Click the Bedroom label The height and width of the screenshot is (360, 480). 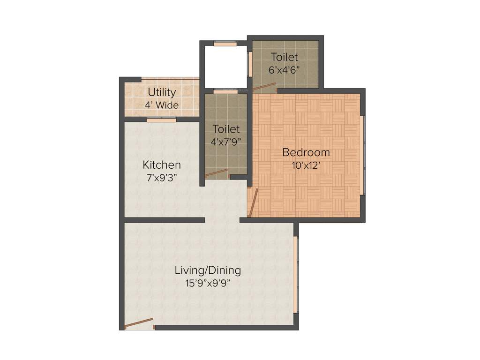(306, 152)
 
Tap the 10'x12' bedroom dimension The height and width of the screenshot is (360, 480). (306, 165)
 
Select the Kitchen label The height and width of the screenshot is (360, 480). (162, 165)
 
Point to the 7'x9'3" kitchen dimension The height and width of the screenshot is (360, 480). (162, 178)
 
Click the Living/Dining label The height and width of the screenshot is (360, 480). (208, 270)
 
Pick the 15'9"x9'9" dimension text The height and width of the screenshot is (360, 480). (208, 283)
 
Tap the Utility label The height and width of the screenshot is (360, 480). (162, 92)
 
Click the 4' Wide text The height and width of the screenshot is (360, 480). (162, 105)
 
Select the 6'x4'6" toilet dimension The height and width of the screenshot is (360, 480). (285, 69)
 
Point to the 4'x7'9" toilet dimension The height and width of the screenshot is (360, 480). (226, 141)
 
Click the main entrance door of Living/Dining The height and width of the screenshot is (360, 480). (139, 323)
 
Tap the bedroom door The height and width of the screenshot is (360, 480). (253, 202)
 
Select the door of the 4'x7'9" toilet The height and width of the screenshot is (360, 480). (217, 173)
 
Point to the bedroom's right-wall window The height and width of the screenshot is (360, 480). (363, 155)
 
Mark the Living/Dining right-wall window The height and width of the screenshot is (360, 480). (295, 274)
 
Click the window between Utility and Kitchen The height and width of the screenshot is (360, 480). (161, 120)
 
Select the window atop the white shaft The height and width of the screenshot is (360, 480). (225, 44)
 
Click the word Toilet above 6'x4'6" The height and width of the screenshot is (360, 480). (285, 57)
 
